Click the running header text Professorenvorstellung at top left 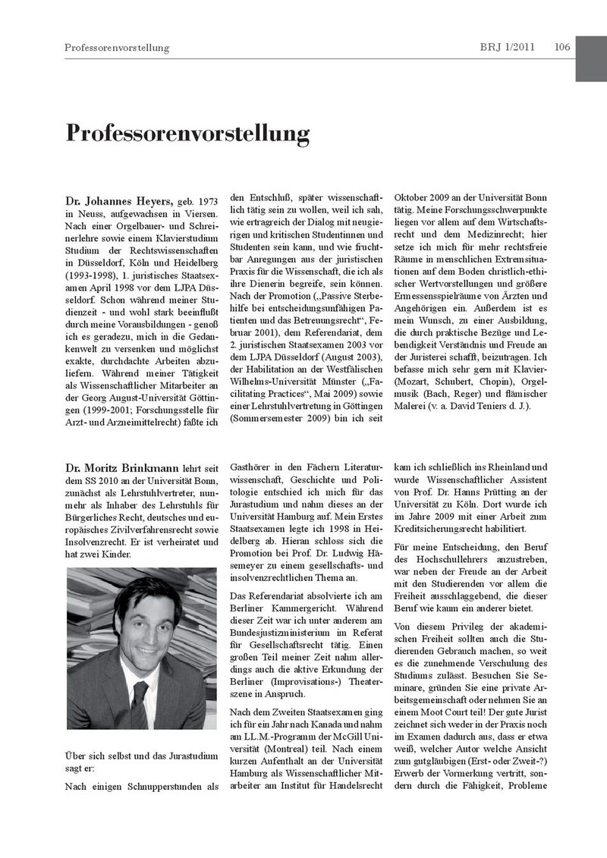(x=117, y=48)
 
